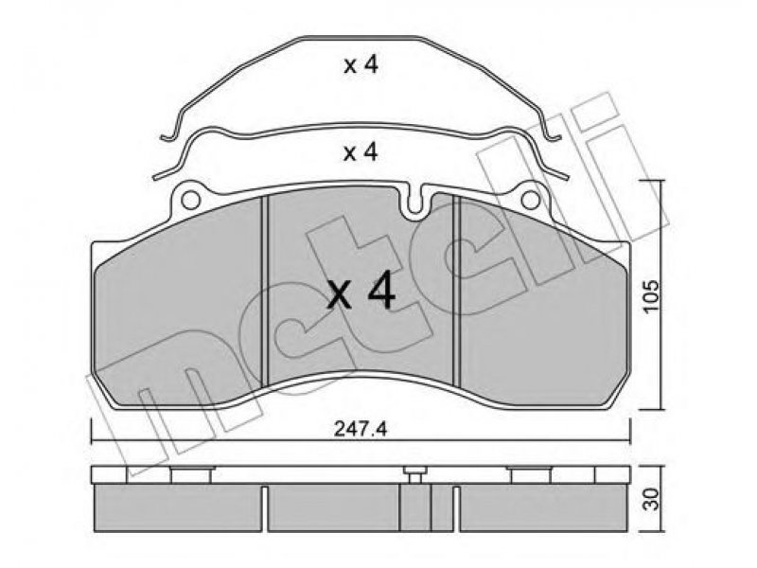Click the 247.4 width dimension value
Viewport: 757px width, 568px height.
point(361,430)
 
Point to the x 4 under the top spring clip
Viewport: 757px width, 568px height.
point(361,65)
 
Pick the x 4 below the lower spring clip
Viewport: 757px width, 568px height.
point(361,152)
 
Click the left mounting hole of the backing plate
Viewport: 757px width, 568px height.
point(191,199)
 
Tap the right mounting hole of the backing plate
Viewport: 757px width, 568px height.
point(531,199)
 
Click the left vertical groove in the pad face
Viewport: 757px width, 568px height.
point(264,292)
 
